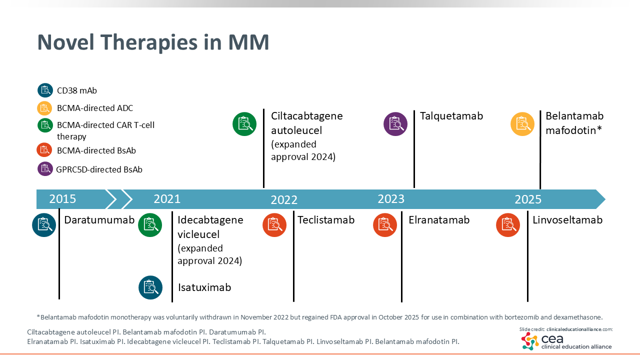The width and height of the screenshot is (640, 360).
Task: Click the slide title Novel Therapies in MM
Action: (153, 42)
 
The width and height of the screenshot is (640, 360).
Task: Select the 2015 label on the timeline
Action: (62, 199)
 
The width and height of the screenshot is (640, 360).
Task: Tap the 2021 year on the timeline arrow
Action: (167, 199)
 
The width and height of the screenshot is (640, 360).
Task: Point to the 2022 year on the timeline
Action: (284, 200)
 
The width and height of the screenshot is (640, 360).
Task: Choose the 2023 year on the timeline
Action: (391, 199)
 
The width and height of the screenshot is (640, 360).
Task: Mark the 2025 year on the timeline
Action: (528, 199)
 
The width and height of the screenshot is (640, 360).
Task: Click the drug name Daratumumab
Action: (99, 220)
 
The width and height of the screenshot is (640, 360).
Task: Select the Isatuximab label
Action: (204, 287)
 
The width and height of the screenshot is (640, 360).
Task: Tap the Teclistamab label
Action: (326, 220)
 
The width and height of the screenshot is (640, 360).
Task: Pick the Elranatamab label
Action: (439, 220)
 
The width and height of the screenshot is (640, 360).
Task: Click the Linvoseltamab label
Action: (567, 220)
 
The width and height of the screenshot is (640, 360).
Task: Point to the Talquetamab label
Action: (451, 116)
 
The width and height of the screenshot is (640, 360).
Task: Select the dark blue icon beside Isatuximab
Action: (150, 287)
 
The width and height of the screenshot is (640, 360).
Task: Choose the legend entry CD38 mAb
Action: (77, 90)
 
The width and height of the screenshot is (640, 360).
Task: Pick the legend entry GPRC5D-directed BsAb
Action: (99, 169)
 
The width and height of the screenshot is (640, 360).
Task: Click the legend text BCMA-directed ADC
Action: (95, 108)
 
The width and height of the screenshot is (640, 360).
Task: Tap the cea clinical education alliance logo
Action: (566, 341)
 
